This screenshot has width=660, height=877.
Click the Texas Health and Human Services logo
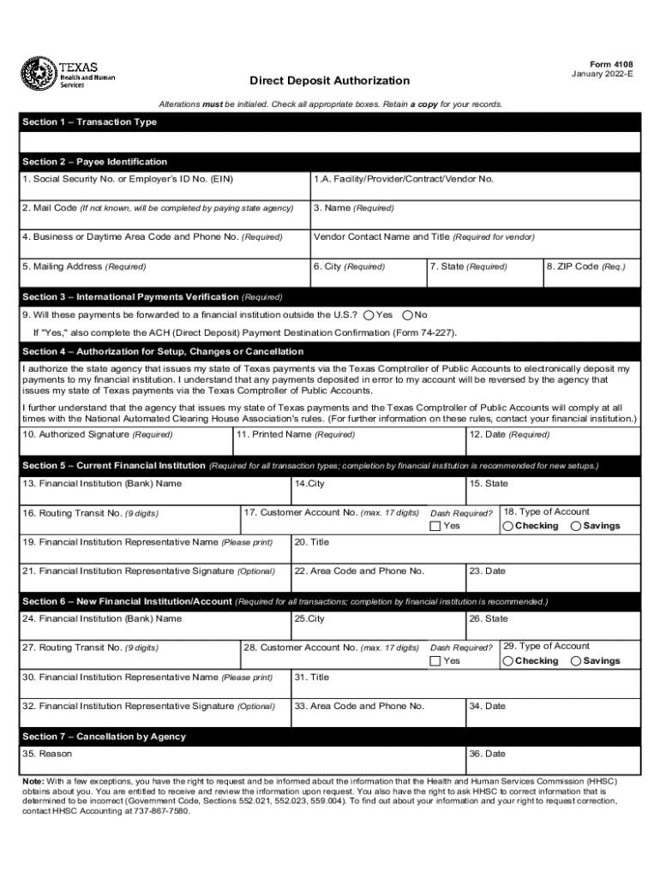(69, 74)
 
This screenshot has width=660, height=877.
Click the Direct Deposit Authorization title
(329, 81)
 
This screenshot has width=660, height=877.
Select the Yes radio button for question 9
(369, 315)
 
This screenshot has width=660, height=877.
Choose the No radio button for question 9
(408, 315)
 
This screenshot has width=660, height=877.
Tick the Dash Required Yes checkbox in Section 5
(435, 526)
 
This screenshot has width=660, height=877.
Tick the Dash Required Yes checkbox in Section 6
(435, 661)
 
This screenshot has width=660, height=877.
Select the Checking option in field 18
(509, 526)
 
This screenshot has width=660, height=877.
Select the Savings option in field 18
(575, 526)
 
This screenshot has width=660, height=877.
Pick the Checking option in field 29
(509, 661)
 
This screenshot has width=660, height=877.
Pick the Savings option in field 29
(575, 661)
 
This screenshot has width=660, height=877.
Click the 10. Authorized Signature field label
(98, 435)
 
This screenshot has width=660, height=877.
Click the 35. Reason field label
(47, 754)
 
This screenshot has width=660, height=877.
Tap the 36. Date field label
(487, 754)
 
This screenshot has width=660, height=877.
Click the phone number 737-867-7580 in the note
(161, 810)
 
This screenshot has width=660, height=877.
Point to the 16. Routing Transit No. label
(90, 514)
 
